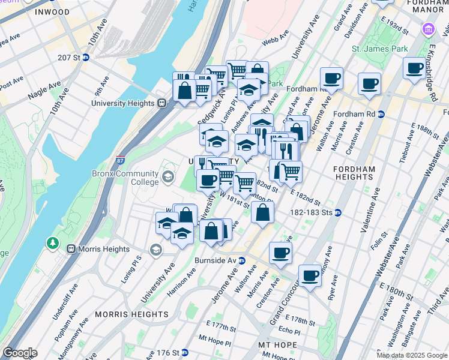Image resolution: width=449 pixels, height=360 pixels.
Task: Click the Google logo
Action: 19,353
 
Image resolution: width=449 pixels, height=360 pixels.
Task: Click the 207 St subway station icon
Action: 86,57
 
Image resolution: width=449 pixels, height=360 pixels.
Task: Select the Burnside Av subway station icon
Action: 241,260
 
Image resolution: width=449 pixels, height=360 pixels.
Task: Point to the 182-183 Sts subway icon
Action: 339,212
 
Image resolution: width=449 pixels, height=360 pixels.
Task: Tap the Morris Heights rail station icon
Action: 71,249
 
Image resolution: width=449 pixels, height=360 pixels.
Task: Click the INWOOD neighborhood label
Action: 52,12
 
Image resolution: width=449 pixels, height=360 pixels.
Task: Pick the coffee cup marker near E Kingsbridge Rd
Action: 414,68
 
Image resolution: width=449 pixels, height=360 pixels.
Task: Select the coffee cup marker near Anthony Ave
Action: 310,275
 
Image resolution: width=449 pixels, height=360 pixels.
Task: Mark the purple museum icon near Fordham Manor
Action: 429,29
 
